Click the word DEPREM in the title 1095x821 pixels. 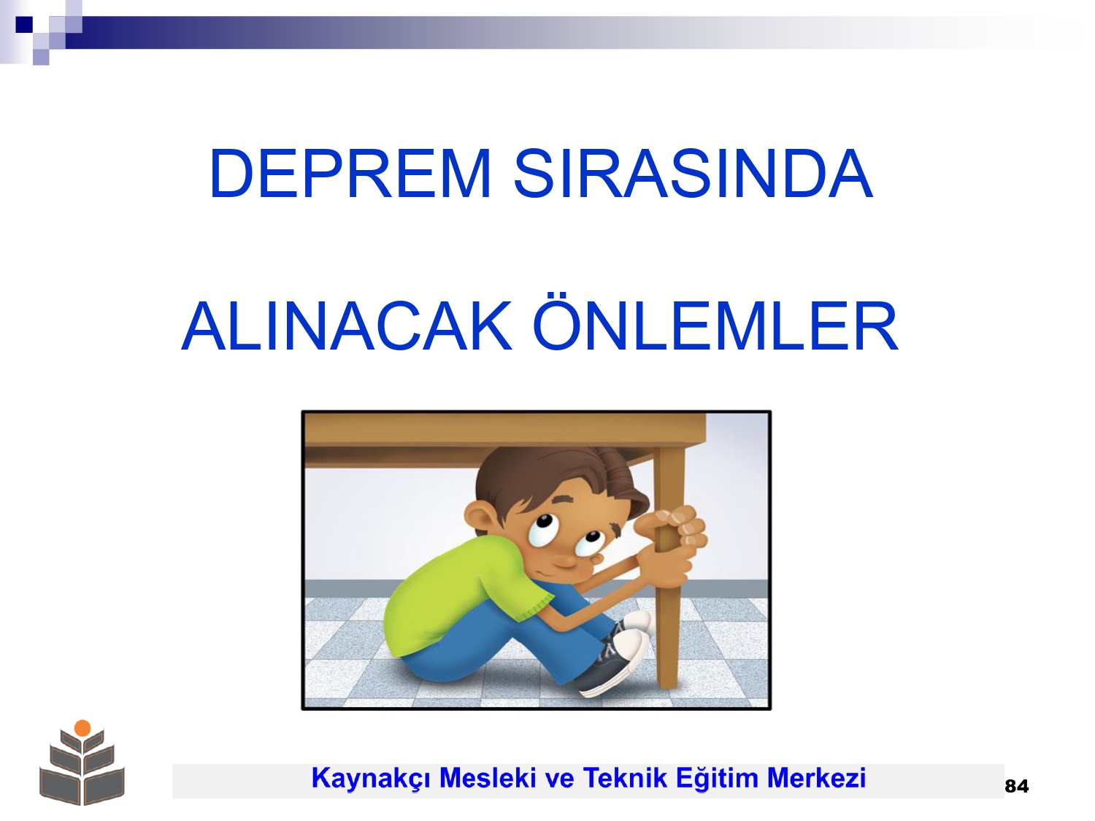click(x=350, y=174)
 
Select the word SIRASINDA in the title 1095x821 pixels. click(x=693, y=174)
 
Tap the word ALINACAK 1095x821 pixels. click(x=346, y=326)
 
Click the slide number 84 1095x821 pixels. click(x=1017, y=786)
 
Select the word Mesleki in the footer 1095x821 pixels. click(x=487, y=778)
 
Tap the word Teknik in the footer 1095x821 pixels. click(x=625, y=778)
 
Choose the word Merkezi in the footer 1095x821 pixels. click(x=816, y=778)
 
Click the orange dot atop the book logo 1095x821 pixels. click(x=82, y=728)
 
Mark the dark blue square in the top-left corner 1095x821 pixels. click(x=24, y=24)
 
